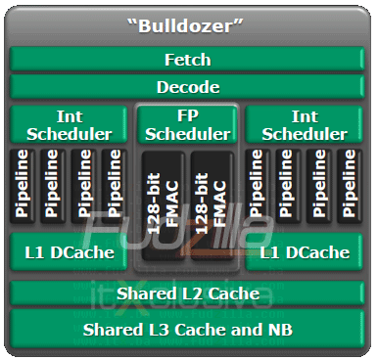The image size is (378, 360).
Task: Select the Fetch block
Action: tap(188, 60)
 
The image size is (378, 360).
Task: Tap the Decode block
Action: tap(188, 86)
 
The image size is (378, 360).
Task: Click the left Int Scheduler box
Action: tap(70, 126)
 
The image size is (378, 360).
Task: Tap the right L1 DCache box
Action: tap(305, 253)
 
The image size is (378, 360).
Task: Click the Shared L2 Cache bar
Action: tap(188, 293)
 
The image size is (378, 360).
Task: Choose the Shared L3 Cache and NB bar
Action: tap(188, 328)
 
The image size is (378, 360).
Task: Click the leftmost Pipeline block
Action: tap(23, 185)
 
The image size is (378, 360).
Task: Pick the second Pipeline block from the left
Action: tap(53, 185)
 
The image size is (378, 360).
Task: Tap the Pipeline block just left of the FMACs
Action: tap(115, 185)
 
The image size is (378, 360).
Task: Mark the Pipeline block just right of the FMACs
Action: tap(258, 185)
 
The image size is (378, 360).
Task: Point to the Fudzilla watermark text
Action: tap(186, 236)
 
